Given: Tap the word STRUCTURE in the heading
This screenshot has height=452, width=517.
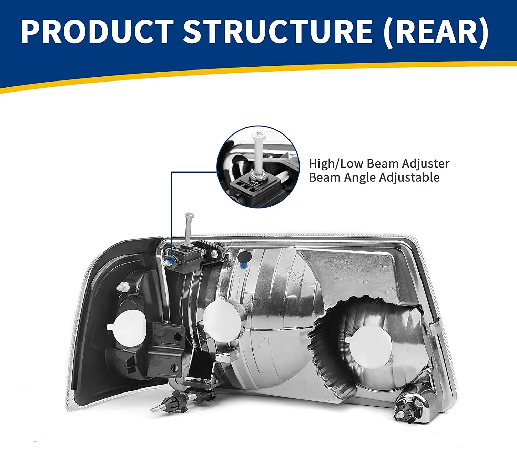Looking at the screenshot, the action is [277, 32].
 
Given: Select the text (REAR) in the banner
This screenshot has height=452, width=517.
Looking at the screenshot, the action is [436, 32].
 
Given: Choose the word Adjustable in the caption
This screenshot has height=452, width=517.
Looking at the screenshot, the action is [409, 178].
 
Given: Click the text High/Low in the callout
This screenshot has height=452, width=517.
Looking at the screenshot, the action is [323, 164].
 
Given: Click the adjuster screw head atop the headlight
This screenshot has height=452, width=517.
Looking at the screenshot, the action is [189, 216].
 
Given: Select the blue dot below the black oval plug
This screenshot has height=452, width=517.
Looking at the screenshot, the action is [244, 266].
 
